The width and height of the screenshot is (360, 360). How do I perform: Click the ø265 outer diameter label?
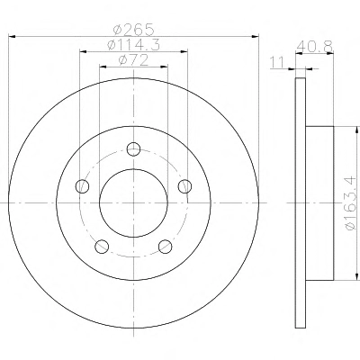point(133,29)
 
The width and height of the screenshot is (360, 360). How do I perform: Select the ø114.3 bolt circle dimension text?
point(133,45)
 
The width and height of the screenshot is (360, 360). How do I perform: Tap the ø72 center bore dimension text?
point(133,60)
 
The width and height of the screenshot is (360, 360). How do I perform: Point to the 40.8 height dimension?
point(315,47)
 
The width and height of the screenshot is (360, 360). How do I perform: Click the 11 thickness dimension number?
point(277,63)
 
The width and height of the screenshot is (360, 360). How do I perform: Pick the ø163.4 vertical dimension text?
point(353,203)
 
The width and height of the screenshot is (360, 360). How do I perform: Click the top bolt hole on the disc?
point(133,149)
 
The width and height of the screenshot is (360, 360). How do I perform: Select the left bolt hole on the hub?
point(82,186)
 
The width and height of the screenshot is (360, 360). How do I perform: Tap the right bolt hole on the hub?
point(184,186)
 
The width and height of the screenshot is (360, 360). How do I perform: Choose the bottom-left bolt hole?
point(102,247)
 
